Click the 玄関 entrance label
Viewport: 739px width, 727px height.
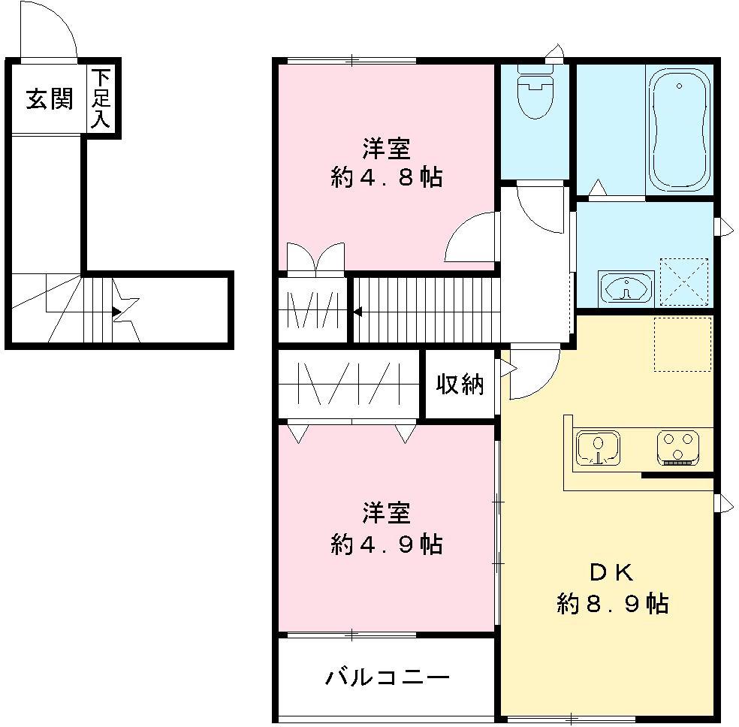coord(50,98)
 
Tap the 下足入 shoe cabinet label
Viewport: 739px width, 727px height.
coord(101,98)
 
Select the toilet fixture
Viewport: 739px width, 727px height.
coord(535,93)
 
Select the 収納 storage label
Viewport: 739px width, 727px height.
coord(460,385)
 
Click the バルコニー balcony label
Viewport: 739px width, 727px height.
coord(388,678)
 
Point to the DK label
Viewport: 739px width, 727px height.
coord(613,572)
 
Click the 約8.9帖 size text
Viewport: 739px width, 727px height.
coord(613,603)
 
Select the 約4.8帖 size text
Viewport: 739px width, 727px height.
coord(386,178)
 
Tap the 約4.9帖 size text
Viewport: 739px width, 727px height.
coord(386,544)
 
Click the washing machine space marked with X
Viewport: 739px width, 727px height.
coord(683,282)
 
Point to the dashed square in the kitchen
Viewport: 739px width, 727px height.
coord(683,344)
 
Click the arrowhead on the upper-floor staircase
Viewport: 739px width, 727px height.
coord(357,312)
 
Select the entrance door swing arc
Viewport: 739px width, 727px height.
coord(50,30)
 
